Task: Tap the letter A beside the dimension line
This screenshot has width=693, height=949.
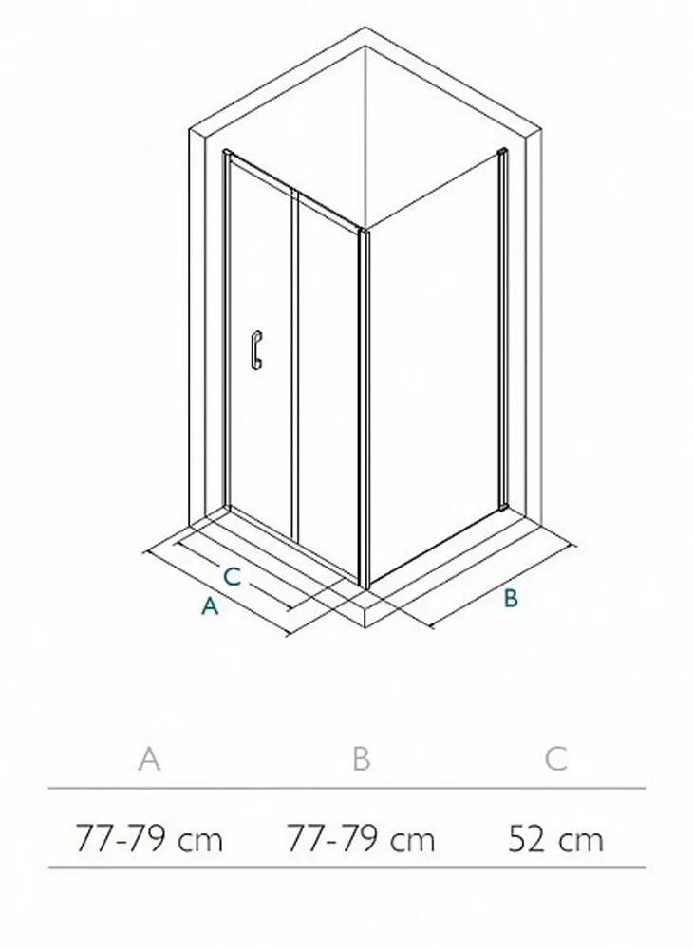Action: click(211, 605)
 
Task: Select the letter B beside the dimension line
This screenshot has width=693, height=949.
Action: click(511, 599)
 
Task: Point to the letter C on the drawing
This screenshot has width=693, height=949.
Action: click(233, 574)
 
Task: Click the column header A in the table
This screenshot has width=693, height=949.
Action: click(149, 758)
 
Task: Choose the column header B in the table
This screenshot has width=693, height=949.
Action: click(361, 758)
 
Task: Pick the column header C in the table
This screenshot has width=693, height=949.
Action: click(556, 758)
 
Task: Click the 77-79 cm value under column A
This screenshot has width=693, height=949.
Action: click(149, 839)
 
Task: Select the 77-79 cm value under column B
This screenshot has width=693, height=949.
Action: click(361, 839)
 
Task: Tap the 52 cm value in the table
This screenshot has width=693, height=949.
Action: click(556, 839)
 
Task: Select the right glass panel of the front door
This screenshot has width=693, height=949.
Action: click(328, 389)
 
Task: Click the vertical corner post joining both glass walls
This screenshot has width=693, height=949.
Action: click(362, 408)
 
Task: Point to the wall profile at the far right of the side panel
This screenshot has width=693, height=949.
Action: click(502, 332)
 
